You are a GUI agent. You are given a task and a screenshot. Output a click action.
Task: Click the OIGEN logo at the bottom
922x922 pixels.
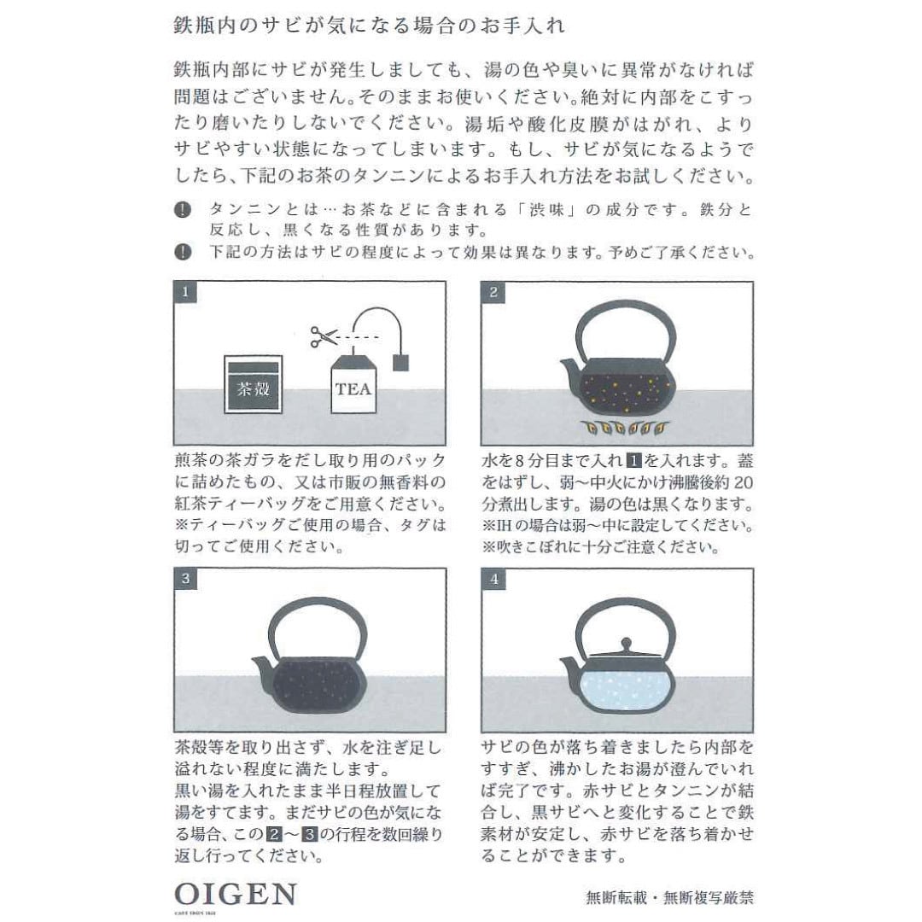[236, 896]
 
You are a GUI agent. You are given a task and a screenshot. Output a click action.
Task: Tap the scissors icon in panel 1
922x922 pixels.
[324, 336]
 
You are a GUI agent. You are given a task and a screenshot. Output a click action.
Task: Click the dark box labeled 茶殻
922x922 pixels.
[253, 385]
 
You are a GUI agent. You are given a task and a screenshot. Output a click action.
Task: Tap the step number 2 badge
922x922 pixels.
[493, 292]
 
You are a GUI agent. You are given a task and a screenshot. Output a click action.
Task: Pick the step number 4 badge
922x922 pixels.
[493, 579]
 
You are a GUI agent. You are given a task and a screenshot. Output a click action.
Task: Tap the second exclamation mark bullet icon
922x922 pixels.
[182, 252]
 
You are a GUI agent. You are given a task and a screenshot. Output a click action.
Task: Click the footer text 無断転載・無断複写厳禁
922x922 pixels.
[669, 897]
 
